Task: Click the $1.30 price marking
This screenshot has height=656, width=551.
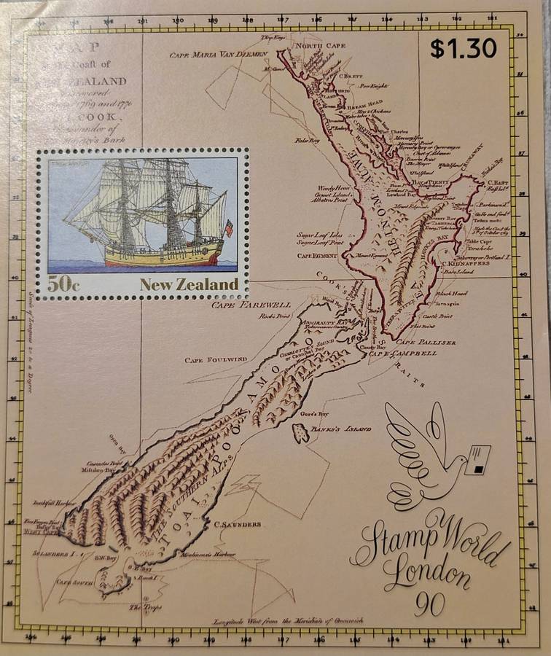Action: point(463,48)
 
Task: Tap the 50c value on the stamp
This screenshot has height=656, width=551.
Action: point(64,285)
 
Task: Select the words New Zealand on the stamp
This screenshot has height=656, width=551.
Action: point(189,284)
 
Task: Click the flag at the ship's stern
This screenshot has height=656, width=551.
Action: point(229,228)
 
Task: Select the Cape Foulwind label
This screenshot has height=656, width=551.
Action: point(217,359)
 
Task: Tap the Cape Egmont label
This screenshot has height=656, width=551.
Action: point(314,257)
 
